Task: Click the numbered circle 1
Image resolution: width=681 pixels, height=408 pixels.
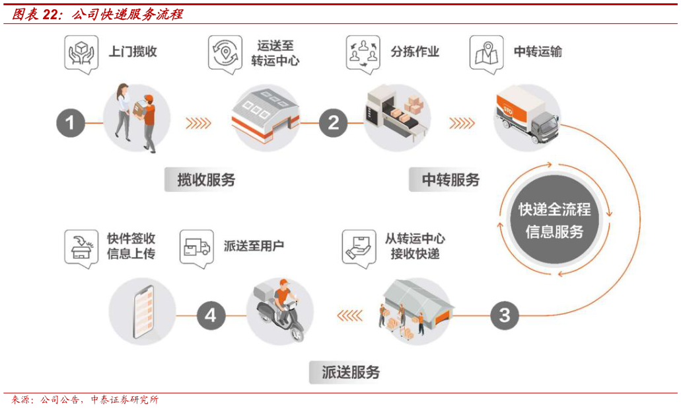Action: (71, 123)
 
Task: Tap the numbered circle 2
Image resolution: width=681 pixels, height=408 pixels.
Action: (333, 123)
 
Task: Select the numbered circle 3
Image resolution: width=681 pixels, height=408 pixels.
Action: (505, 315)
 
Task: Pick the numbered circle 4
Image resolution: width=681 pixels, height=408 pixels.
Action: (210, 315)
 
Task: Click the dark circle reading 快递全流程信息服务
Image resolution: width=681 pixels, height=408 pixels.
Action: (554, 221)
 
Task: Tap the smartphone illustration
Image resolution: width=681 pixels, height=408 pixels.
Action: (143, 311)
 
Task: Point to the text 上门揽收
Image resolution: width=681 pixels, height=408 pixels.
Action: (133, 52)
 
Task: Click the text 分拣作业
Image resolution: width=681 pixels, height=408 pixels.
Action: (415, 52)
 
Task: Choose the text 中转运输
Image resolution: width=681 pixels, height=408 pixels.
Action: (538, 52)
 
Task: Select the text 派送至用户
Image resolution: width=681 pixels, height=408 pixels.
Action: (254, 247)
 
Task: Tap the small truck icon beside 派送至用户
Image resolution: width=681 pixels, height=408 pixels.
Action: (197, 247)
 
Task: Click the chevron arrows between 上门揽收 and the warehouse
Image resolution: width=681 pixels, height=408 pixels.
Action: (197, 123)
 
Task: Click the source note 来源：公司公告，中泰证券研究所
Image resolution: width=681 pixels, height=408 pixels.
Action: (84, 400)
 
